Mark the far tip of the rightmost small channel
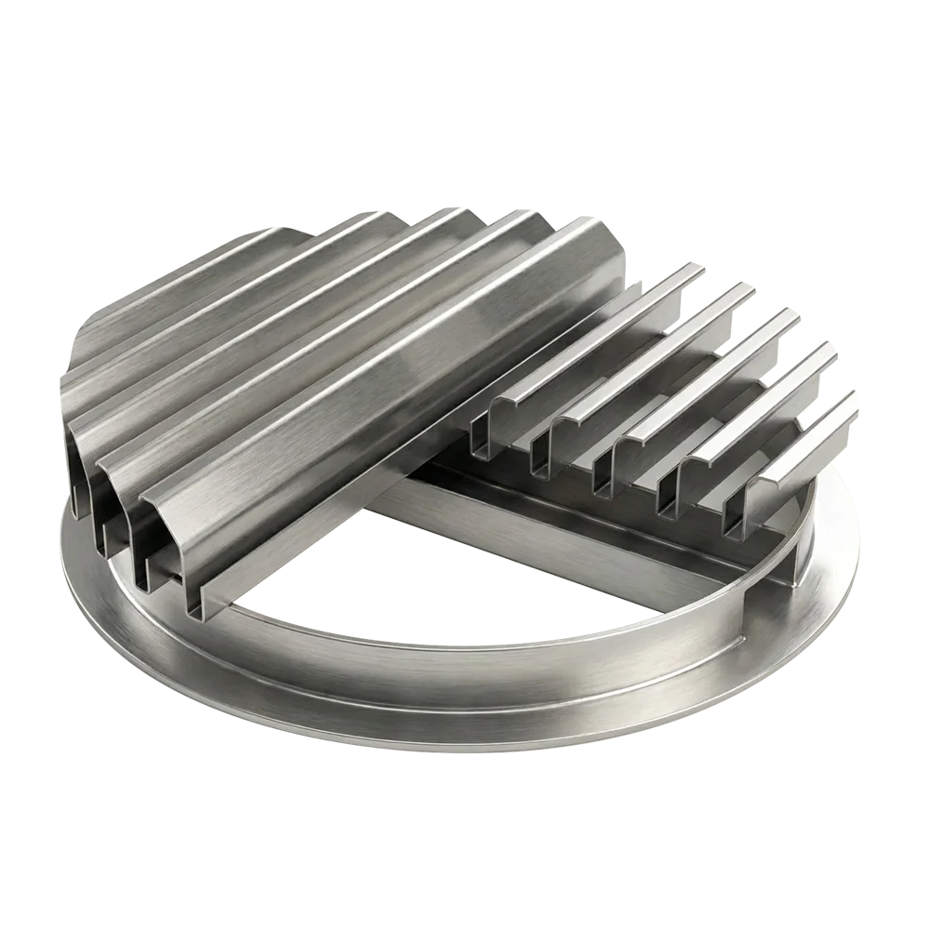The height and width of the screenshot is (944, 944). click(x=848, y=400)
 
